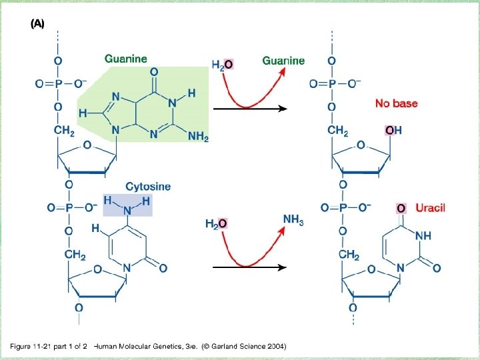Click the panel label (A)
[37, 23]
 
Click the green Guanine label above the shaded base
[126, 59]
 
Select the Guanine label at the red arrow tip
[283, 61]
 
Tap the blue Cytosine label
[148, 187]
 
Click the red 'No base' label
[396, 103]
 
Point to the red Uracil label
[430, 207]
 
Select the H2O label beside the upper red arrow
[222, 65]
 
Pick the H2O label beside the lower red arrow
[216, 223]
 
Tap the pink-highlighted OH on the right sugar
[393, 131]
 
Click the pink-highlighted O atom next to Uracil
[401, 208]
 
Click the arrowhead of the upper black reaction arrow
[283, 109]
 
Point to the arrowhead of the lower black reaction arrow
[283, 267]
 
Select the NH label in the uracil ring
[424, 236]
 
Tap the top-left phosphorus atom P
[58, 83]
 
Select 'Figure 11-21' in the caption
[31, 346]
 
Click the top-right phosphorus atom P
[333, 83]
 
